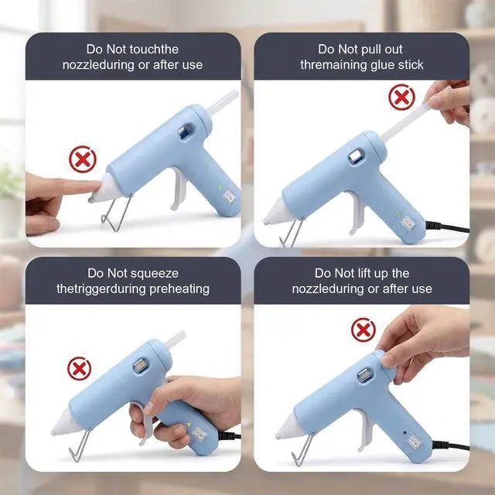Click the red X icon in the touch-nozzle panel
pyautogui.click(x=83, y=159)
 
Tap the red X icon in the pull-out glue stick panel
pyautogui.click(x=401, y=97)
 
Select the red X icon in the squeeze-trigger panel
pyautogui.click(x=79, y=368)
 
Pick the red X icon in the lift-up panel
pyautogui.click(x=364, y=330)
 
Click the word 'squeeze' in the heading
pyautogui.click(x=155, y=273)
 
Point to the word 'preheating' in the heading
pyautogui.click(x=179, y=289)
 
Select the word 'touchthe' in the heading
pyautogui.click(x=154, y=49)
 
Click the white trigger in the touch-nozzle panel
pyautogui.click(x=179, y=189)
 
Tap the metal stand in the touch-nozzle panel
pyautogui.click(x=117, y=213)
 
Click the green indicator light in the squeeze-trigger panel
pyautogui.click(x=189, y=425)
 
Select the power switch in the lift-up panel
pyautogui.click(x=415, y=441)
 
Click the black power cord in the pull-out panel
pyautogui.click(x=447, y=227)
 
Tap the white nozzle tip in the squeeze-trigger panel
pyautogui.click(x=65, y=423)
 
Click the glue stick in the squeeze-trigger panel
pyautogui.click(x=176, y=340)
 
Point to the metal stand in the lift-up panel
pyautogui.click(x=302, y=449)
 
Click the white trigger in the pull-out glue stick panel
pyautogui.click(x=357, y=213)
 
